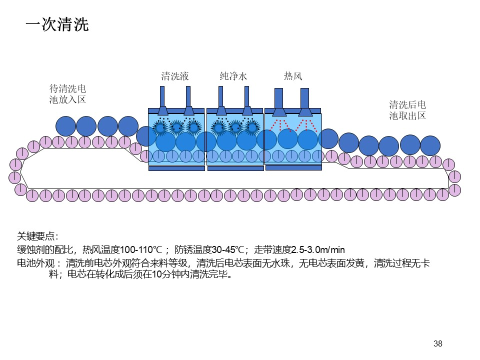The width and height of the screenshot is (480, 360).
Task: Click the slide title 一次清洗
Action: [57, 24]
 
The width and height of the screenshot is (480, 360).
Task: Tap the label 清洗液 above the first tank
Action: [175, 76]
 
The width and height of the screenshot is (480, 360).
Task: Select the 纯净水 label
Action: [233, 76]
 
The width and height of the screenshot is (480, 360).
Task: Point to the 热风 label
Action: [293, 75]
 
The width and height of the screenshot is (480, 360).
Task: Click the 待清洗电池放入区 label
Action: [67, 94]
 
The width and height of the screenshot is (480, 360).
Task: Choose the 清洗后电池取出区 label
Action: [407, 110]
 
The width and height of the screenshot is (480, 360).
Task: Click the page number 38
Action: [438, 343]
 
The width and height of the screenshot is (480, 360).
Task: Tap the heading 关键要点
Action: [37, 236]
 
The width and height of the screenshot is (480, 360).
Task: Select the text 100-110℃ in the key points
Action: [141, 250]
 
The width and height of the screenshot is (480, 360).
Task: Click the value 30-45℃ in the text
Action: [227, 250]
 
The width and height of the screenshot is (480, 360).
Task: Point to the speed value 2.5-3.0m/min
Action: [318, 250]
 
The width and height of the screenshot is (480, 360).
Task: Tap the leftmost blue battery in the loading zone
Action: [66, 126]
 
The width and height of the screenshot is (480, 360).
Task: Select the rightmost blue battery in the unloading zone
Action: [430, 145]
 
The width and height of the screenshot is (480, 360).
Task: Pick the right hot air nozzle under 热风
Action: [304, 102]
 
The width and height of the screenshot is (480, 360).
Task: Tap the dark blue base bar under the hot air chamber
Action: [293, 168]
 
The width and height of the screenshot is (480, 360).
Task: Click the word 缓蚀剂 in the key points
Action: [26, 250]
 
